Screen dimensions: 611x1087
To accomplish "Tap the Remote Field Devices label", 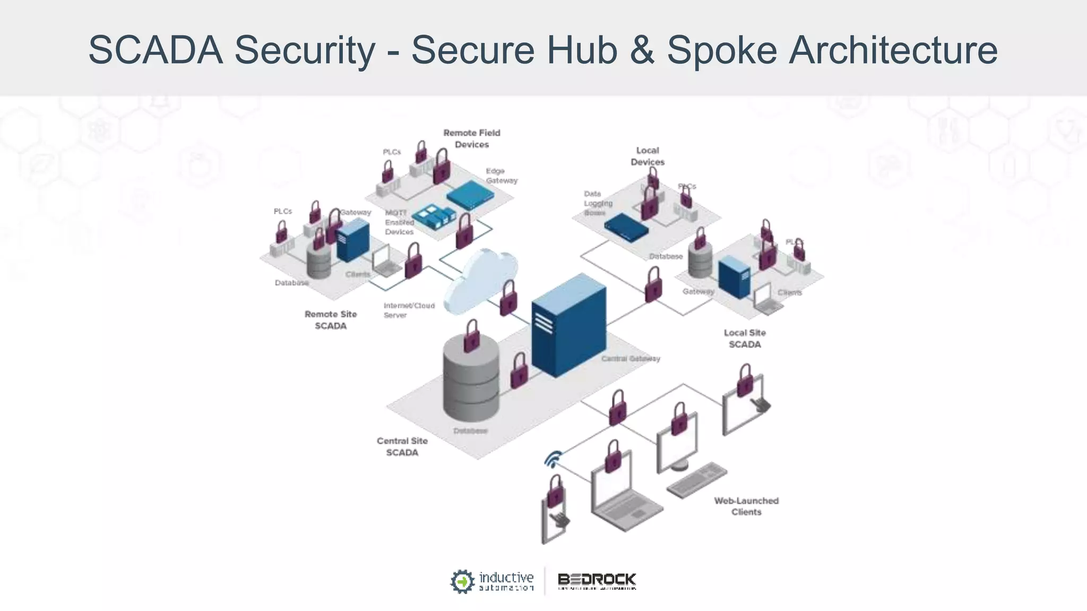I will [472, 138].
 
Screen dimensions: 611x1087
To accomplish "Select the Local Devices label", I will [647, 156].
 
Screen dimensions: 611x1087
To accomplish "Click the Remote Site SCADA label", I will [330, 320].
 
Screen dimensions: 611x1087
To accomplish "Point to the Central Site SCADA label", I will [402, 447].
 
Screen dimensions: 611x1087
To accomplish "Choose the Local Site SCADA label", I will [744, 338].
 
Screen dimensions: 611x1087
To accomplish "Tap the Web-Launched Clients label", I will [746, 506].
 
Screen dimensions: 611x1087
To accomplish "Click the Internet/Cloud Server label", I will [409, 310].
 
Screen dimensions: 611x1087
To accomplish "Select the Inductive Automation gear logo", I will [462, 581].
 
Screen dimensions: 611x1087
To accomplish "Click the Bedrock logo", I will [597, 581].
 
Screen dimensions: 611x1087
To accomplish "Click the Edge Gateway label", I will [501, 176].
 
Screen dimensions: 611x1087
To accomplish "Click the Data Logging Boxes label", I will [598, 203].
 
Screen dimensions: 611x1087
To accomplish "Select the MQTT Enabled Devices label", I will [399, 222].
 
